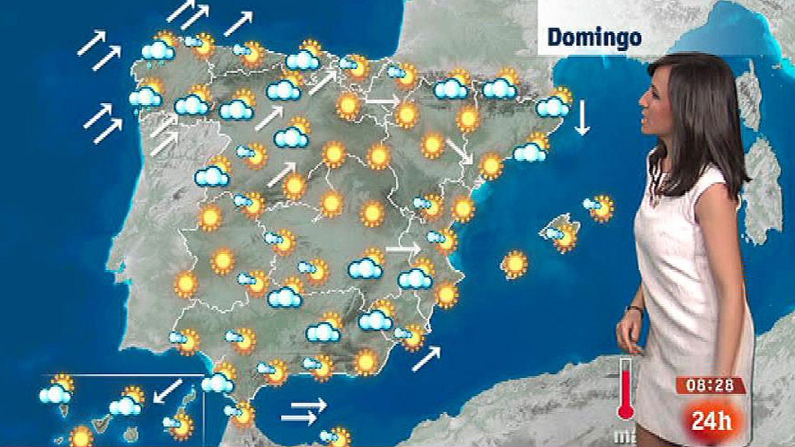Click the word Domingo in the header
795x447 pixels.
coord(594,38)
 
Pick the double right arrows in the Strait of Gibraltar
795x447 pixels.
coord(304,411)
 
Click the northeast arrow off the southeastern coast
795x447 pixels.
coord(426,359)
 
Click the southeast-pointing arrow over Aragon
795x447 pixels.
coord(460,151)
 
